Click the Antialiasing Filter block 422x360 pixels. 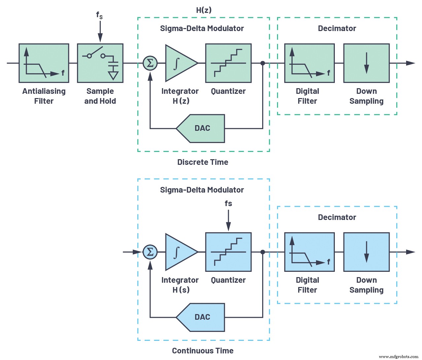click(44, 63)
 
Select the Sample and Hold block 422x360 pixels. click(100, 63)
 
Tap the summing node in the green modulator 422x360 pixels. click(150, 63)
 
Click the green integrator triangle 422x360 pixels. click(178, 63)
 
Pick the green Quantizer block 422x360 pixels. click(228, 63)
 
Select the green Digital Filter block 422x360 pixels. click(309, 63)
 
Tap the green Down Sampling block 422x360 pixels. click(366, 63)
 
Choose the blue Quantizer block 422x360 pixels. click(228, 252)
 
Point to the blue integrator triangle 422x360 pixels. click(178, 252)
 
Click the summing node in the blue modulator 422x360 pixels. click(150, 252)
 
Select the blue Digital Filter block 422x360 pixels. click(309, 252)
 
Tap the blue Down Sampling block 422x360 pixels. click(366, 252)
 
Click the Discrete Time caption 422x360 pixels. click(203, 162)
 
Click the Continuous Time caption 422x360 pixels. click(203, 351)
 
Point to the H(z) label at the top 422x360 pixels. click(204, 10)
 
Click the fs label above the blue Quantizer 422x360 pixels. click(228, 203)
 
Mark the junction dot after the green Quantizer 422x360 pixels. click(263, 63)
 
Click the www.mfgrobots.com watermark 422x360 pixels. click(399, 357)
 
